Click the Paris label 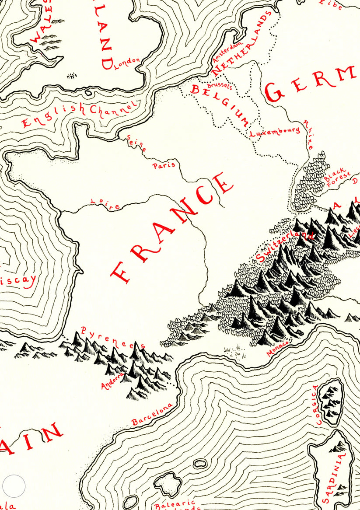[x=164, y=165]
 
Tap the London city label [x=126, y=64]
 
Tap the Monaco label [x=278, y=349]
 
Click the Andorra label [x=110, y=379]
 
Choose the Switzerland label [x=284, y=248]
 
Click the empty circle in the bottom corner [x=14, y=486]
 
